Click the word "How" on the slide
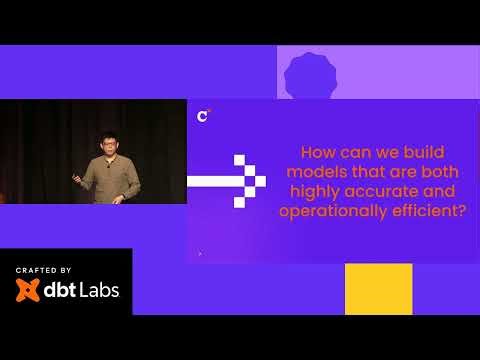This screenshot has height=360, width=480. click(x=317, y=153)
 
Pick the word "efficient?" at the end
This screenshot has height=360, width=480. click(x=432, y=210)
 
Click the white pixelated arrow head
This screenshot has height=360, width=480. click(x=249, y=181)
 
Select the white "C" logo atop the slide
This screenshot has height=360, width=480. click(x=203, y=116)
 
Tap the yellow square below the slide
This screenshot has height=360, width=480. click(x=378, y=288)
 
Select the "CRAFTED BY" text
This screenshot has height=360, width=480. click(x=43, y=271)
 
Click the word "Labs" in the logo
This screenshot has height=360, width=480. click(x=98, y=291)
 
